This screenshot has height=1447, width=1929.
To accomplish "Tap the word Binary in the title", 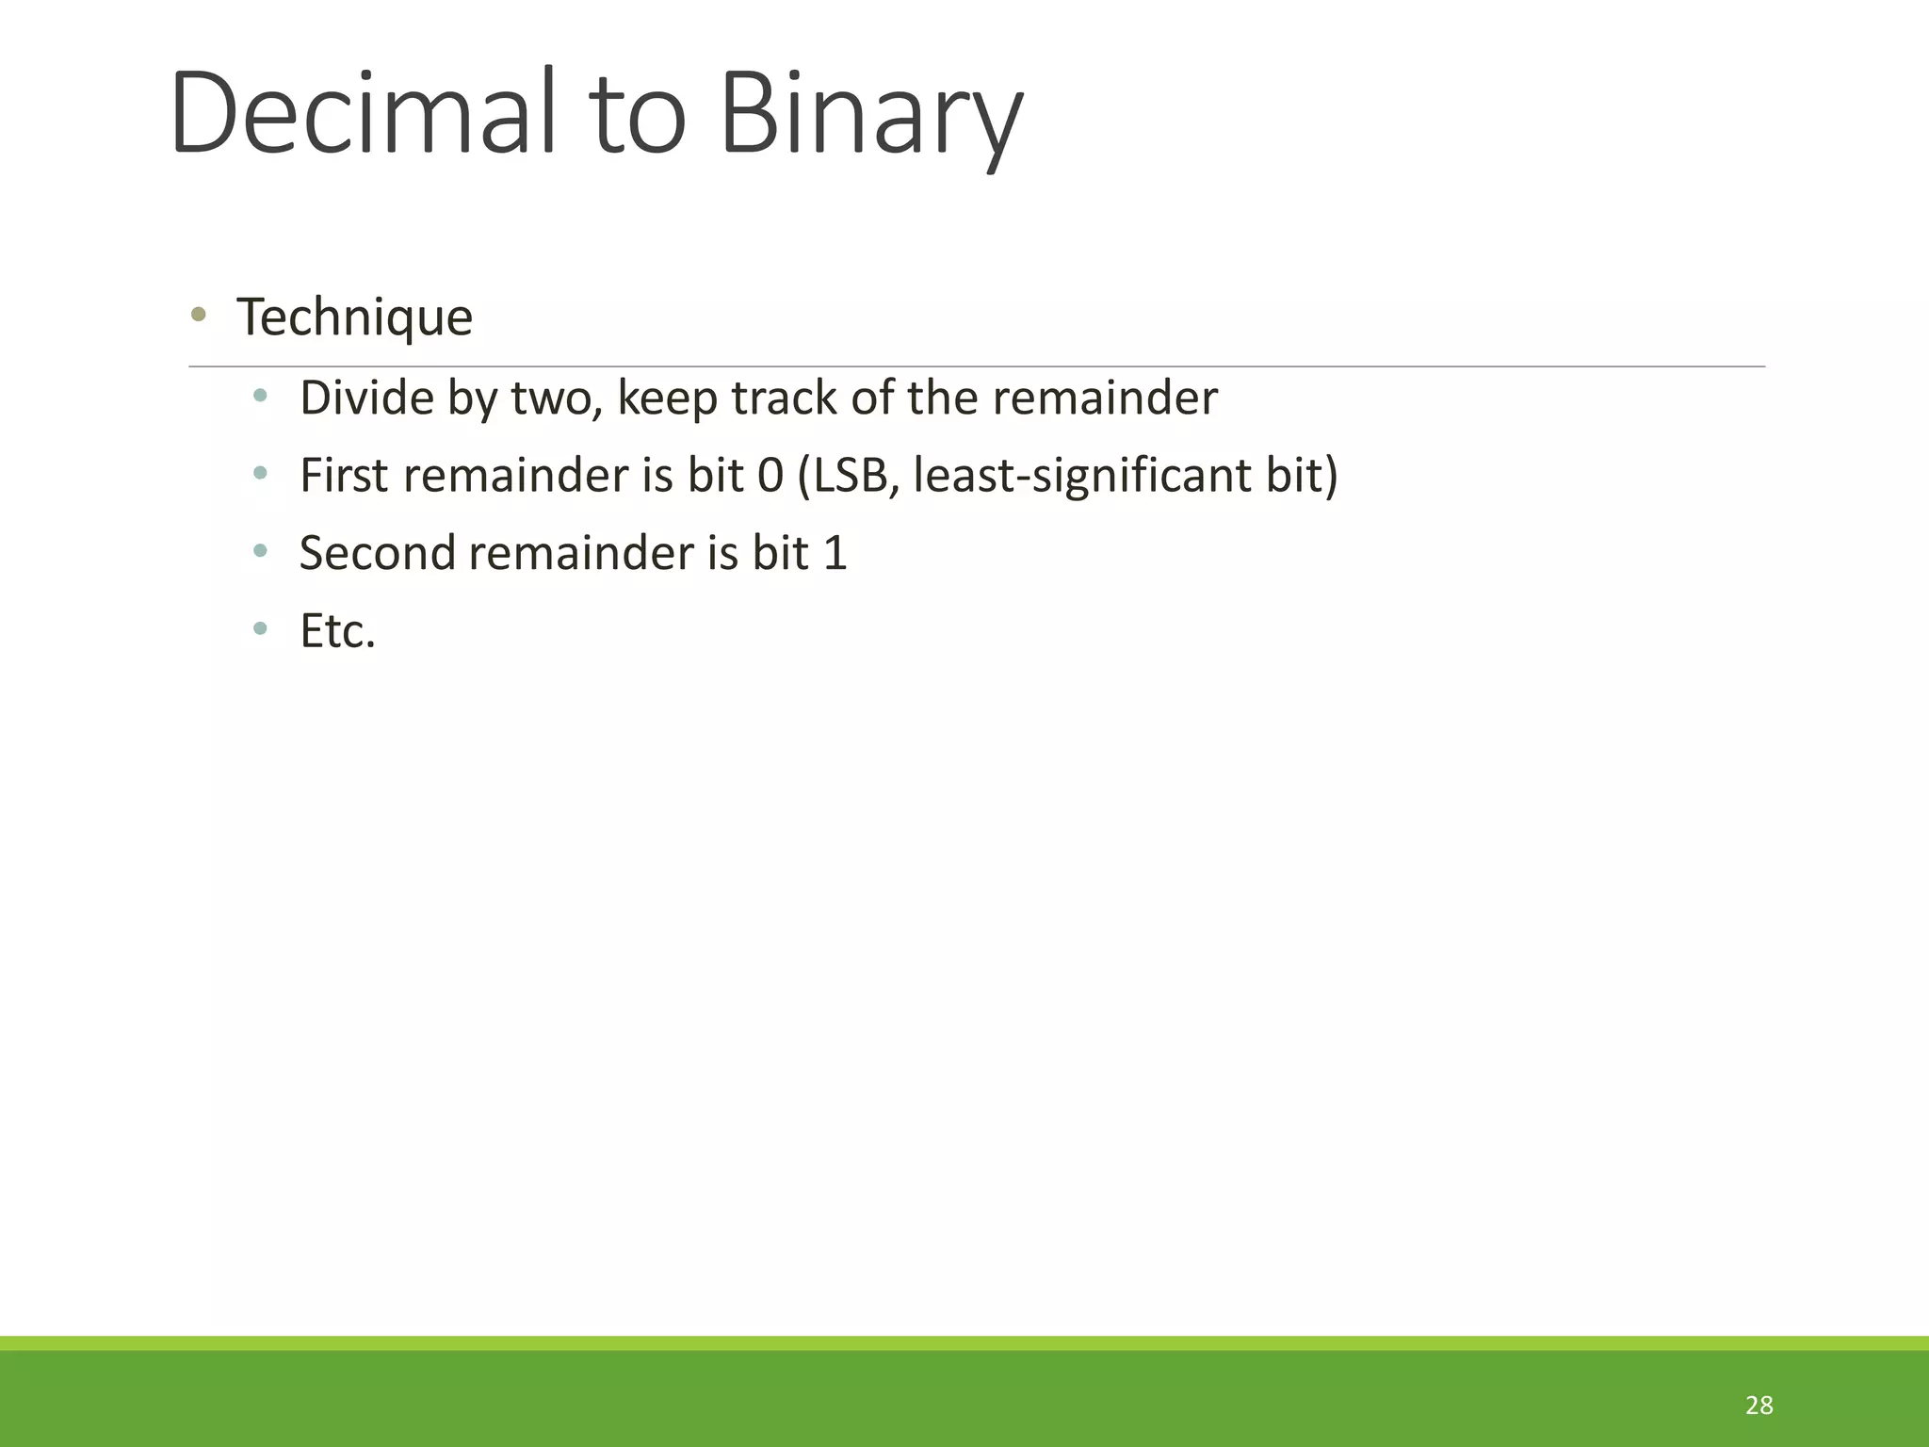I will point(871,118).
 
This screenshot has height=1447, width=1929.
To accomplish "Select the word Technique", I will point(354,317).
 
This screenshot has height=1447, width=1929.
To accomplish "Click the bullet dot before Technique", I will point(198,315).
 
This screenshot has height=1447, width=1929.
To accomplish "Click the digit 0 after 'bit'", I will point(770,476).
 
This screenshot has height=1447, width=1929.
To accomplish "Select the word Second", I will point(378,553).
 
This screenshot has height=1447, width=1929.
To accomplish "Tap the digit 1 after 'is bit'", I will point(835,553).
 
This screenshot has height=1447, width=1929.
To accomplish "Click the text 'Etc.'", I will point(337,631).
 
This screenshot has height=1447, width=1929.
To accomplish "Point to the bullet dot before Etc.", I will point(261,628).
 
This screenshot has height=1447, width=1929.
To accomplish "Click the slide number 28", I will point(1759,1406).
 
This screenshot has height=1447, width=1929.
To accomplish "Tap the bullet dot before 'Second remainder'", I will point(261,550).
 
